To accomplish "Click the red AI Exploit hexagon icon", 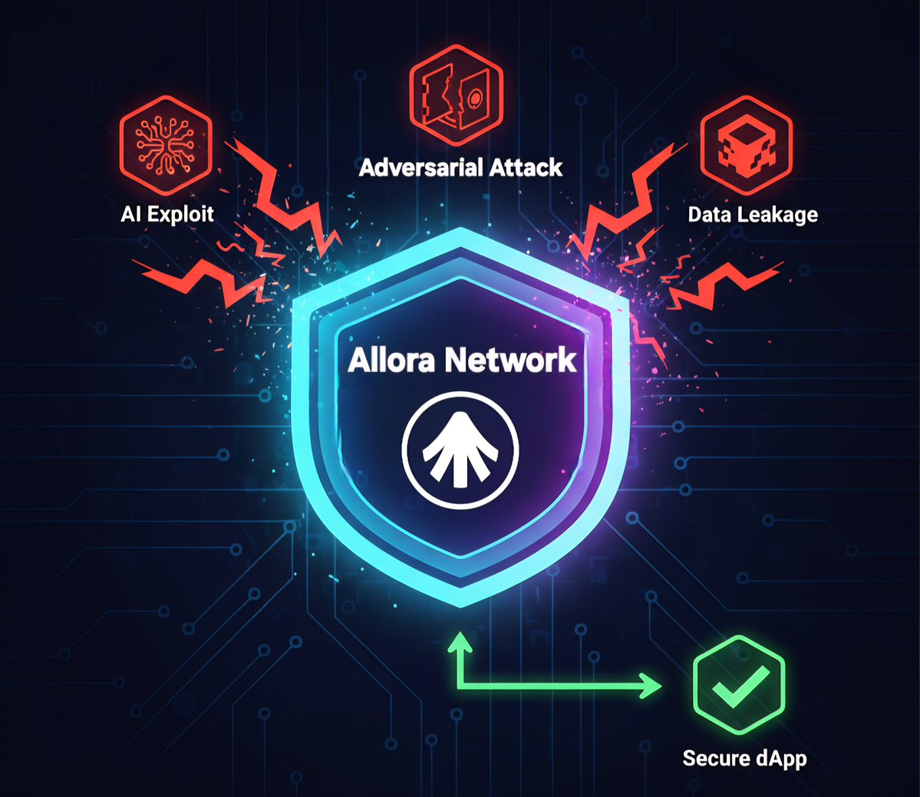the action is coord(165,146).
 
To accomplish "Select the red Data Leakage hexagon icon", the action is coord(746,146).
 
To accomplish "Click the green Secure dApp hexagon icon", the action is coord(739,682).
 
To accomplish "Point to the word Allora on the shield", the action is coord(394,361).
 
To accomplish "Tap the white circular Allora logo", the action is coord(460,450).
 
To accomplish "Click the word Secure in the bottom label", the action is coord(715,759).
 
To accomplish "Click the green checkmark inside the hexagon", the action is coord(739,683).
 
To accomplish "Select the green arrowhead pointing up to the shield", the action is coord(460,641).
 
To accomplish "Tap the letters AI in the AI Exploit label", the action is coord(131,214).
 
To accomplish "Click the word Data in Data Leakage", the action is coord(708,215).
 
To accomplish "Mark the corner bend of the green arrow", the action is coord(460,686).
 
